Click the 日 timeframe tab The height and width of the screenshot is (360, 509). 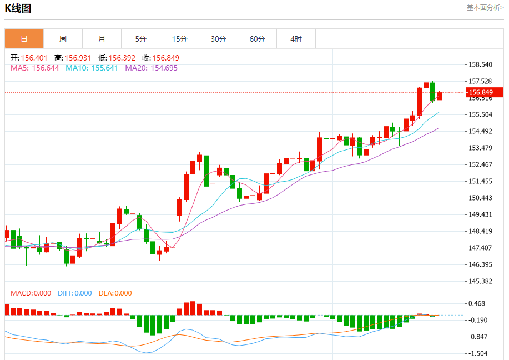(24, 39)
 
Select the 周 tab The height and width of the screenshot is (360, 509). (63, 39)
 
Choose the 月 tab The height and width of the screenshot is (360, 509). (102, 39)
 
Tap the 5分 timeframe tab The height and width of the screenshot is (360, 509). (140, 39)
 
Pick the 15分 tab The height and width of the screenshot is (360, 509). (179, 39)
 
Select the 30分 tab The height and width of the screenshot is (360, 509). (218, 39)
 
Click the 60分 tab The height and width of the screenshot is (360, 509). (257, 39)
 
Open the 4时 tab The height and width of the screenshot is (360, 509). (296, 39)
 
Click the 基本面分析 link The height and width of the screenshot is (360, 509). (485, 8)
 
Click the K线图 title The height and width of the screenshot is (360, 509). (18, 8)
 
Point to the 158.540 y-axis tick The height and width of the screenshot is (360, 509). (480, 64)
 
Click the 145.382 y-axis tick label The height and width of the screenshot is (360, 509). (480, 281)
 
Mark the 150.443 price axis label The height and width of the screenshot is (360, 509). (480, 198)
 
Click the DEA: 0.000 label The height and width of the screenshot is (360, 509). (115, 293)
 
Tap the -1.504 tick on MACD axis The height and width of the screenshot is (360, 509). (478, 353)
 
